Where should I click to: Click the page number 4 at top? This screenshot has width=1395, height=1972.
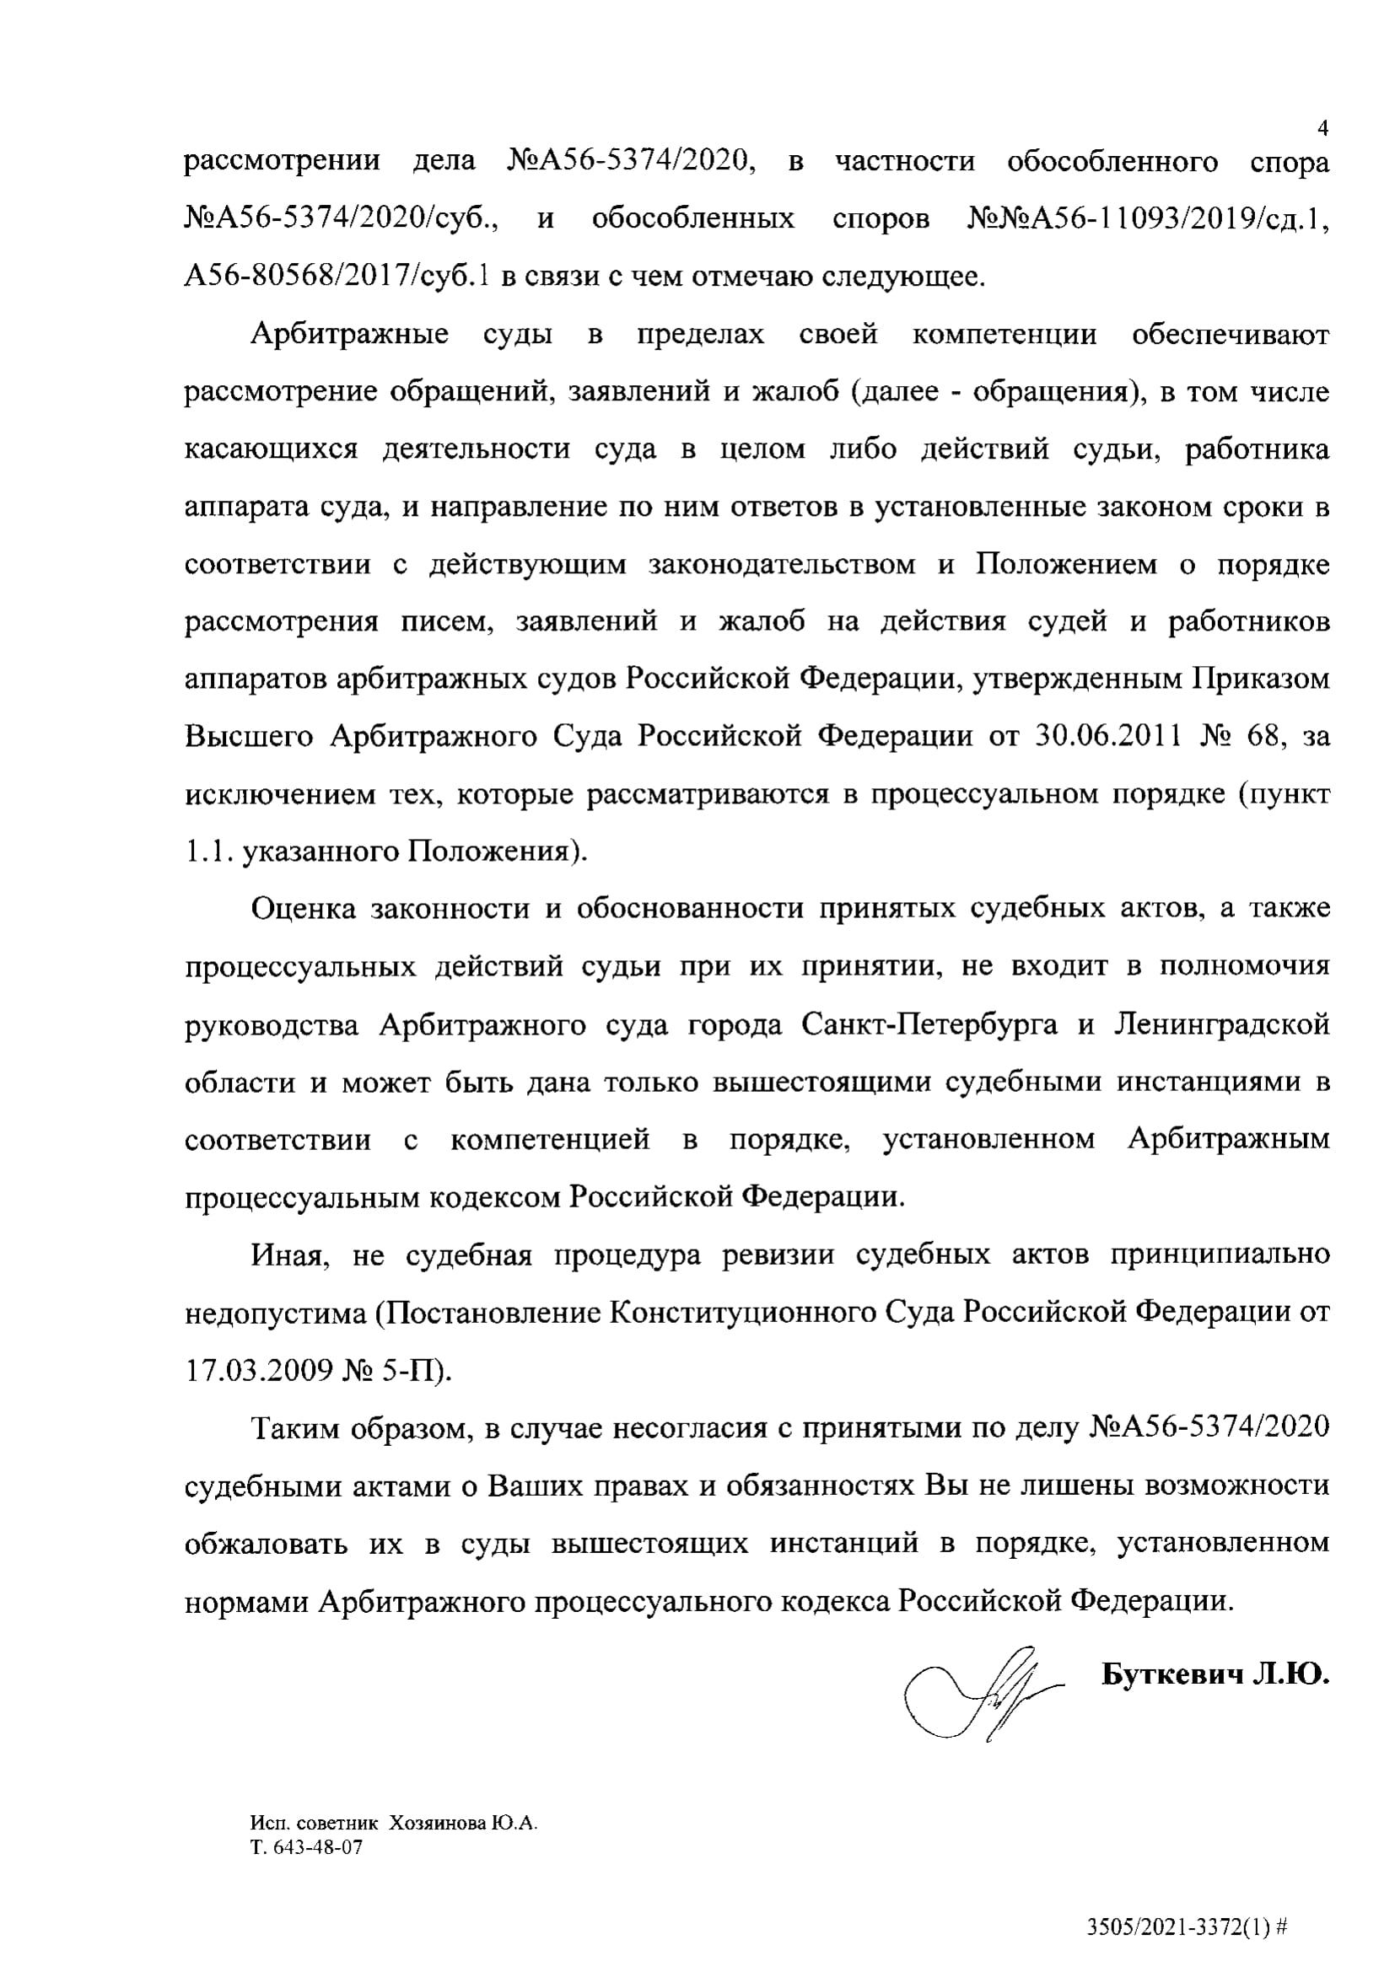[1322, 129]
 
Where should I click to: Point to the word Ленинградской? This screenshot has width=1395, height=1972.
[1220, 1024]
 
